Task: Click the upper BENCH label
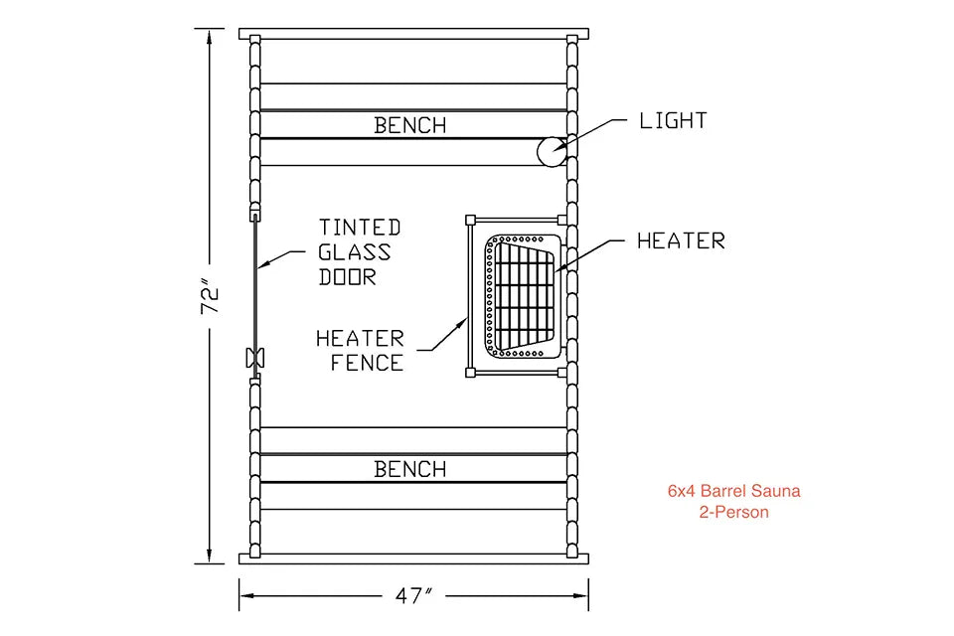click(410, 125)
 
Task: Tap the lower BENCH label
click(410, 469)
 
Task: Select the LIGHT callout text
click(673, 120)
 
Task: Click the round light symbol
click(552, 151)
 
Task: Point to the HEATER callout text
click(681, 241)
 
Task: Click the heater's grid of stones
click(525, 295)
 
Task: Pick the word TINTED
click(360, 228)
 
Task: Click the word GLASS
click(354, 252)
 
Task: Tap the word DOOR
click(348, 277)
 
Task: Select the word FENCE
click(367, 363)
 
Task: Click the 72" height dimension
click(210, 296)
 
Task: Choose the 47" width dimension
click(413, 596)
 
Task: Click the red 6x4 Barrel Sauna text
click(733, 491)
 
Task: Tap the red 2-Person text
click(733, 512)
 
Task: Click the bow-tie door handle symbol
click(255, 358)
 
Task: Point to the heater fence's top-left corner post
click(470, 220)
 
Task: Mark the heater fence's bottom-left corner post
click(470, 372)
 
